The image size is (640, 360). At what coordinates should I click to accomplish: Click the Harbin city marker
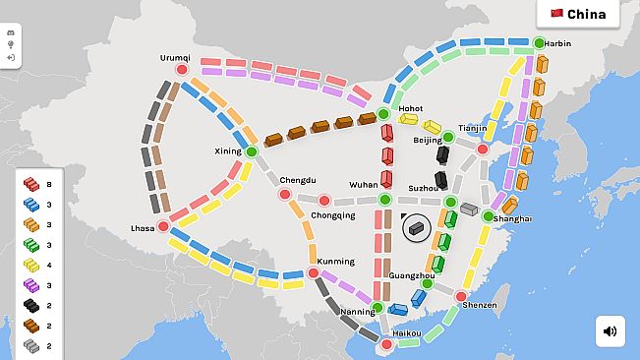coord(539,42)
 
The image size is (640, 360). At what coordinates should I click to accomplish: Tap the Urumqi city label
coord(175,57)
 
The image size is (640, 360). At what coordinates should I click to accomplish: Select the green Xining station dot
coord(251,151)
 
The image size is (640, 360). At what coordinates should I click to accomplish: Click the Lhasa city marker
coord(163,226)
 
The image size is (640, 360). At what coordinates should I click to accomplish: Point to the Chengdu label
coord(298,180)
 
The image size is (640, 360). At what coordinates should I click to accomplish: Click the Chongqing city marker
coord(323,201)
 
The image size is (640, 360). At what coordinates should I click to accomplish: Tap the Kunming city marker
coord(313,272)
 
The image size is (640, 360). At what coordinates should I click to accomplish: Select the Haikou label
coord(406,333)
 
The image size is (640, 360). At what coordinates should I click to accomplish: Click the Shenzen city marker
coord(460,295)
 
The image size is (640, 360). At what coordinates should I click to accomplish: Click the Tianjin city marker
coord(482,150)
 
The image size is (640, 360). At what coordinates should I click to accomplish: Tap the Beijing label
coord(428,141)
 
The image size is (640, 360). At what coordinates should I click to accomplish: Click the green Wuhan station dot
coord(384,200)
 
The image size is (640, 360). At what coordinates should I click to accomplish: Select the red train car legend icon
coord(31,184)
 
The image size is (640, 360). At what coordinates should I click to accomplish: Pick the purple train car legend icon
coord(31,285)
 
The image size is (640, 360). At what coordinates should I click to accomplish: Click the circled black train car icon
coord(416,227)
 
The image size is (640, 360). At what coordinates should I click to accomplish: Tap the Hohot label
coord(410,108)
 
